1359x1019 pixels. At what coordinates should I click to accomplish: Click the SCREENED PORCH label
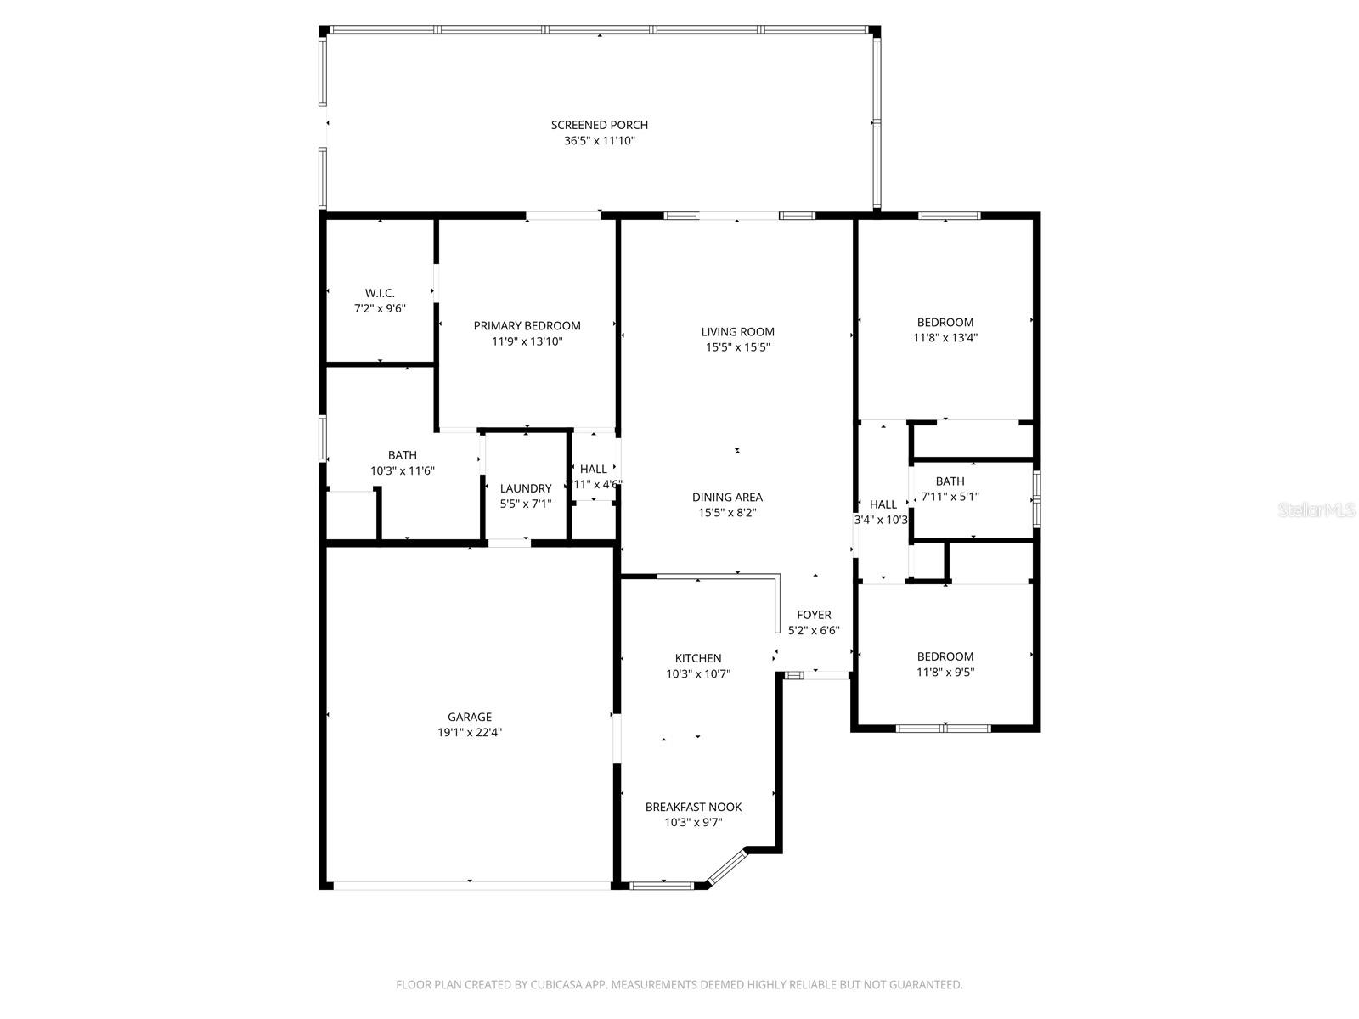[599, 125]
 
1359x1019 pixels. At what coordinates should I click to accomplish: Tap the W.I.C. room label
[380, 293]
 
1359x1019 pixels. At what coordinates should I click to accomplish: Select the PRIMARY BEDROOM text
[527, 325]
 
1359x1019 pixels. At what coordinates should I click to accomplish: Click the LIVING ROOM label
[737, 332]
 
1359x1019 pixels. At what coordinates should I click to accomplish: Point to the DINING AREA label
[727, 498]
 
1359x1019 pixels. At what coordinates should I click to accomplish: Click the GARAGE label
[470, 717]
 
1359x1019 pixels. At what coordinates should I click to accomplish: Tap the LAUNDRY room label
[525, 488]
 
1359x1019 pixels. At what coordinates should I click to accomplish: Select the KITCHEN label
[698, 658]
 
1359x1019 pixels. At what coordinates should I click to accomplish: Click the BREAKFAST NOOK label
[693, 807]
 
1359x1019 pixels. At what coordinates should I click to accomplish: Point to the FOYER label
[814, 615]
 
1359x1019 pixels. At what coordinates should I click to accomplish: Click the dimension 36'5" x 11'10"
[599, 141]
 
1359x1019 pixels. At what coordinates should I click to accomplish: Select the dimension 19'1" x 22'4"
[470, 732]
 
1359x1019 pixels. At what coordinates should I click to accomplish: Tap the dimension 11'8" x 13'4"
[945, 337]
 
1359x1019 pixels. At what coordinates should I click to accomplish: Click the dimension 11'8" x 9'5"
[945, 672]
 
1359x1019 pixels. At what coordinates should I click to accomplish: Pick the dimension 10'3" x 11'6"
[402, 470]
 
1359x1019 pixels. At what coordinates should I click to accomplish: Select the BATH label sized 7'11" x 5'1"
[950, 481]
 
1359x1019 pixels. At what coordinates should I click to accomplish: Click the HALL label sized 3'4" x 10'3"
[883, 504]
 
